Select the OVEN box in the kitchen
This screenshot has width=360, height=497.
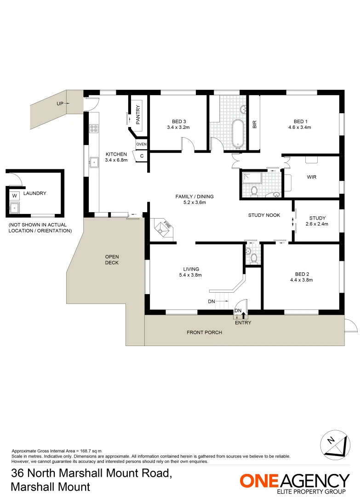141,144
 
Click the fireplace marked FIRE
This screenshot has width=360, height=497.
164,227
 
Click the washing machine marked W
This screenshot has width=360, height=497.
14,195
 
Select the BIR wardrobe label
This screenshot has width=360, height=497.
254,124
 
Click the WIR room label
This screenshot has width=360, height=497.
311,177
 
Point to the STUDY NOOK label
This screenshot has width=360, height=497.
264,215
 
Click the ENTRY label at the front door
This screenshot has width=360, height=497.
243,323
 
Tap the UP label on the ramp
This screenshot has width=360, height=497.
60,104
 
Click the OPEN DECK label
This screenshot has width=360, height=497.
112,260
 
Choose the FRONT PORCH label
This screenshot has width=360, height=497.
204,332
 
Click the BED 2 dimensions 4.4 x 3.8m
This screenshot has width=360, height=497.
301,279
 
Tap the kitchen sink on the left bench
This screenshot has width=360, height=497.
94,162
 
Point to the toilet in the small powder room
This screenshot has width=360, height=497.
249,252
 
